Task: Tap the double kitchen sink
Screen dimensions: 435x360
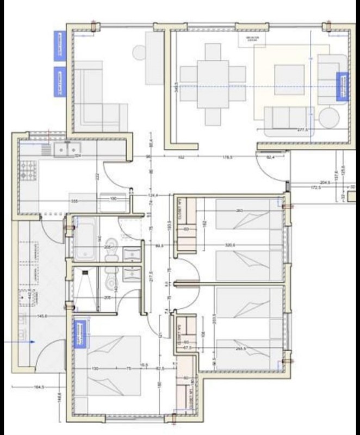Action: coord(66,147)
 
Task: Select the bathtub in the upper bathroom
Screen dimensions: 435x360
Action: coord(85,239)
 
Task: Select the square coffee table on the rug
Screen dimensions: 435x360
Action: coord(289,80)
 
